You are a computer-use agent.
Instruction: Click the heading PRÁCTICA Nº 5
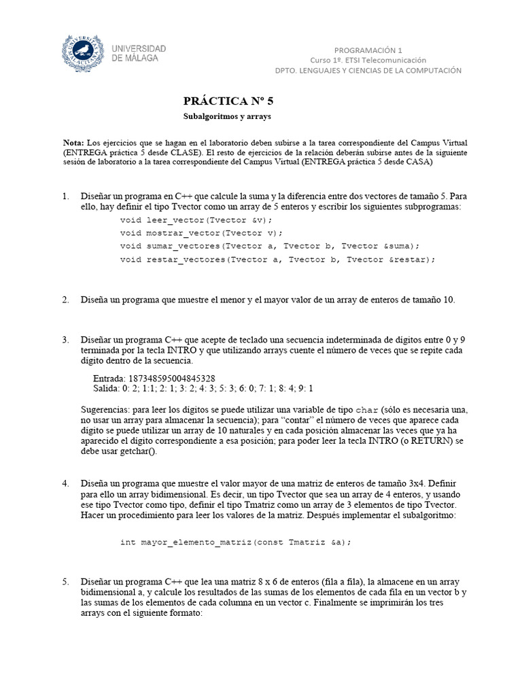click(228, 101)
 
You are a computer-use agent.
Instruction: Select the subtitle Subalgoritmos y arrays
click(227, 117)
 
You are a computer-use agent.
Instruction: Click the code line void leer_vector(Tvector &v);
click(196, 220)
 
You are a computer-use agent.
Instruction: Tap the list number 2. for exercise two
click(66, 300)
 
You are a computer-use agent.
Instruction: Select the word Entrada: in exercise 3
click(109, 379)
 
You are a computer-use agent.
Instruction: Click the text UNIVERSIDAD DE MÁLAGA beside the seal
click(139, 54)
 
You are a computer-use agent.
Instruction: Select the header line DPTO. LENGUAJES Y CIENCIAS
click(367, 70)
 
